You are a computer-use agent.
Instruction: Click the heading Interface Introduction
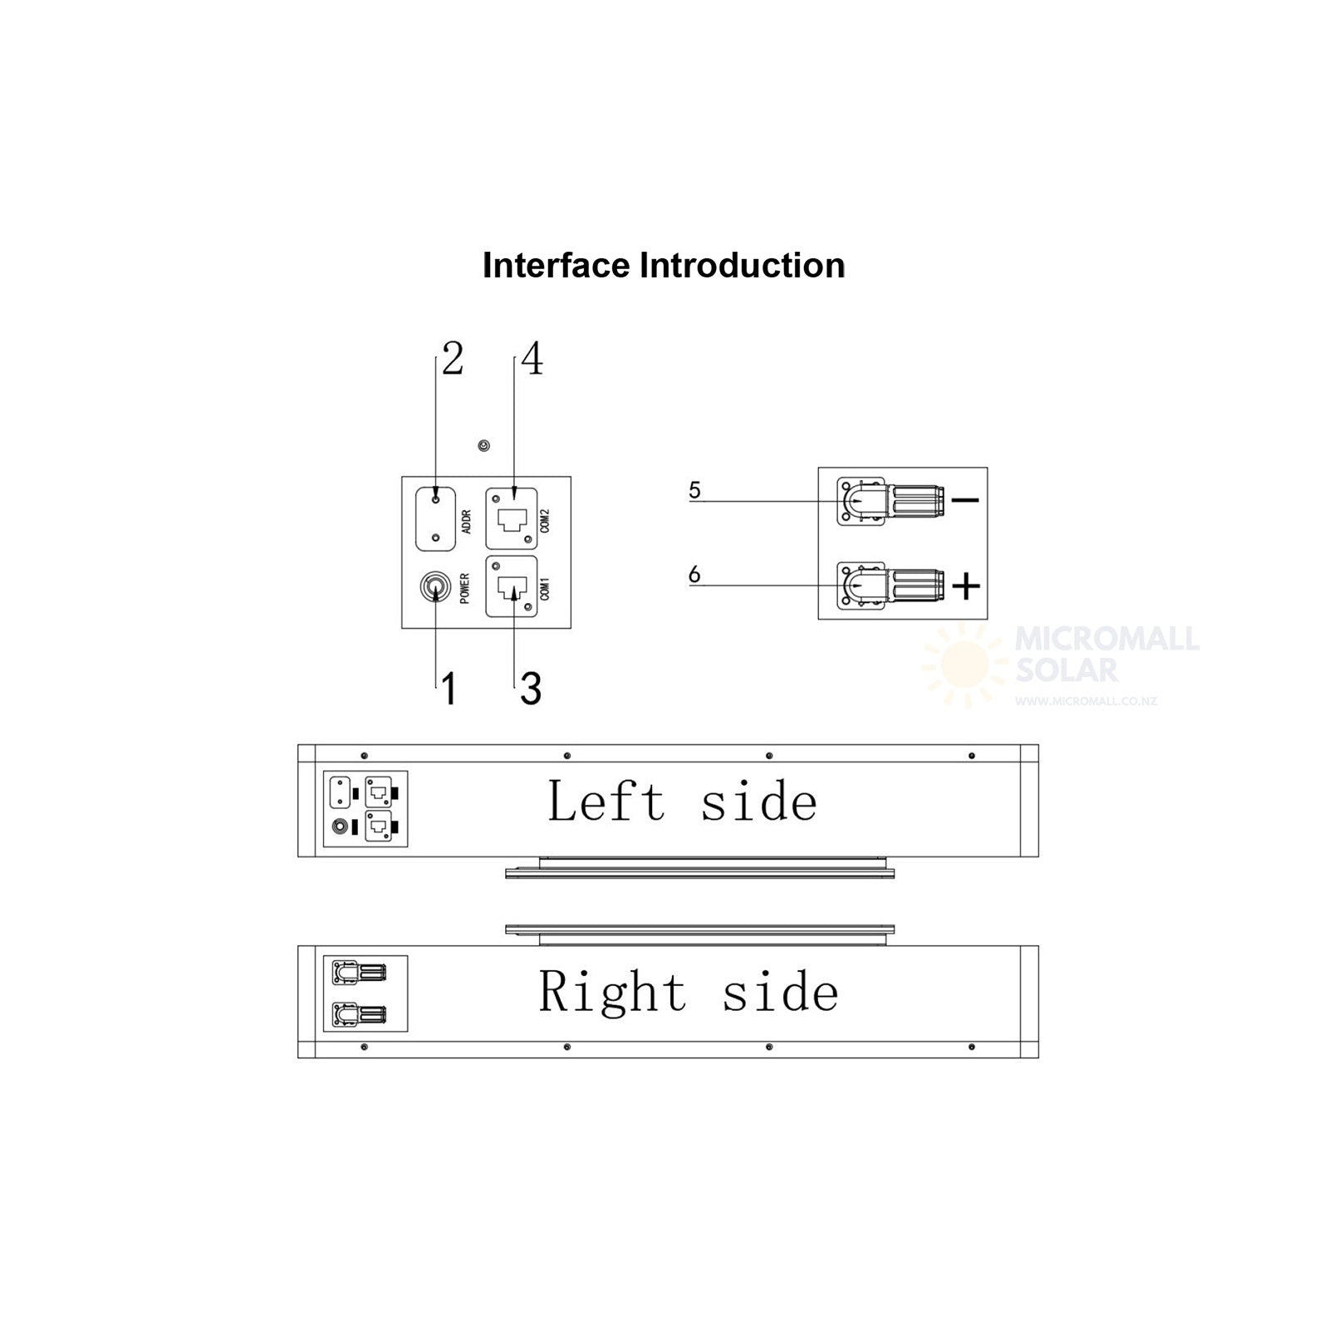(664, 266)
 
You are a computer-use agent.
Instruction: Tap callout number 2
(453, 359)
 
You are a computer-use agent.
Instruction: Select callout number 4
(532, 359)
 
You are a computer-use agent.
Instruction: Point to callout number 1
(449, 689)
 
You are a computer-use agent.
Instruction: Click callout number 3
(531, 689)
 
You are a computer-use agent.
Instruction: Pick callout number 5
(695, 490)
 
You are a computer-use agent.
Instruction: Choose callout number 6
(694, 574)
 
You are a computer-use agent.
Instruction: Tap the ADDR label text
(466, 522)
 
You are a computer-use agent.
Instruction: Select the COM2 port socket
(512, 519)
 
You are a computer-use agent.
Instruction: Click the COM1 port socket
(512, 587)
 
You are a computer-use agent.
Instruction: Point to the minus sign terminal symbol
(965, 500)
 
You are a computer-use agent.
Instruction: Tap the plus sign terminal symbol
(966, 587)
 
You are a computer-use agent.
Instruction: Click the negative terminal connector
(890, 501)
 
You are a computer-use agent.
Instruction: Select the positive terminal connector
(890, 586)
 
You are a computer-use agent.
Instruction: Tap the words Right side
(689, 991)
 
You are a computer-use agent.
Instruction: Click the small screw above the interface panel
(484, 446)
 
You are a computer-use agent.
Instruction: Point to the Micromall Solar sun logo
(965, 665)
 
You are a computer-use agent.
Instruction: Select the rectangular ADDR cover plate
(436, 519)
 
